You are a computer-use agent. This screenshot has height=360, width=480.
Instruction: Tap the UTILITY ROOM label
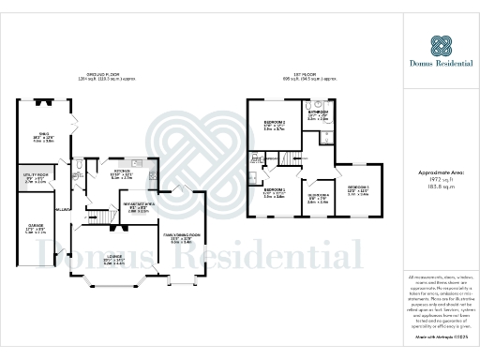coord(36,173)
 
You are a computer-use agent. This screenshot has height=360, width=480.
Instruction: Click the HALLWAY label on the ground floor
coord(64,208)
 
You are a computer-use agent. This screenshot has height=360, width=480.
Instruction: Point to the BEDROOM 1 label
coord(274,191)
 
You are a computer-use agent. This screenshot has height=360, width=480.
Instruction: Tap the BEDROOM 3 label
coord(358,188)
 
